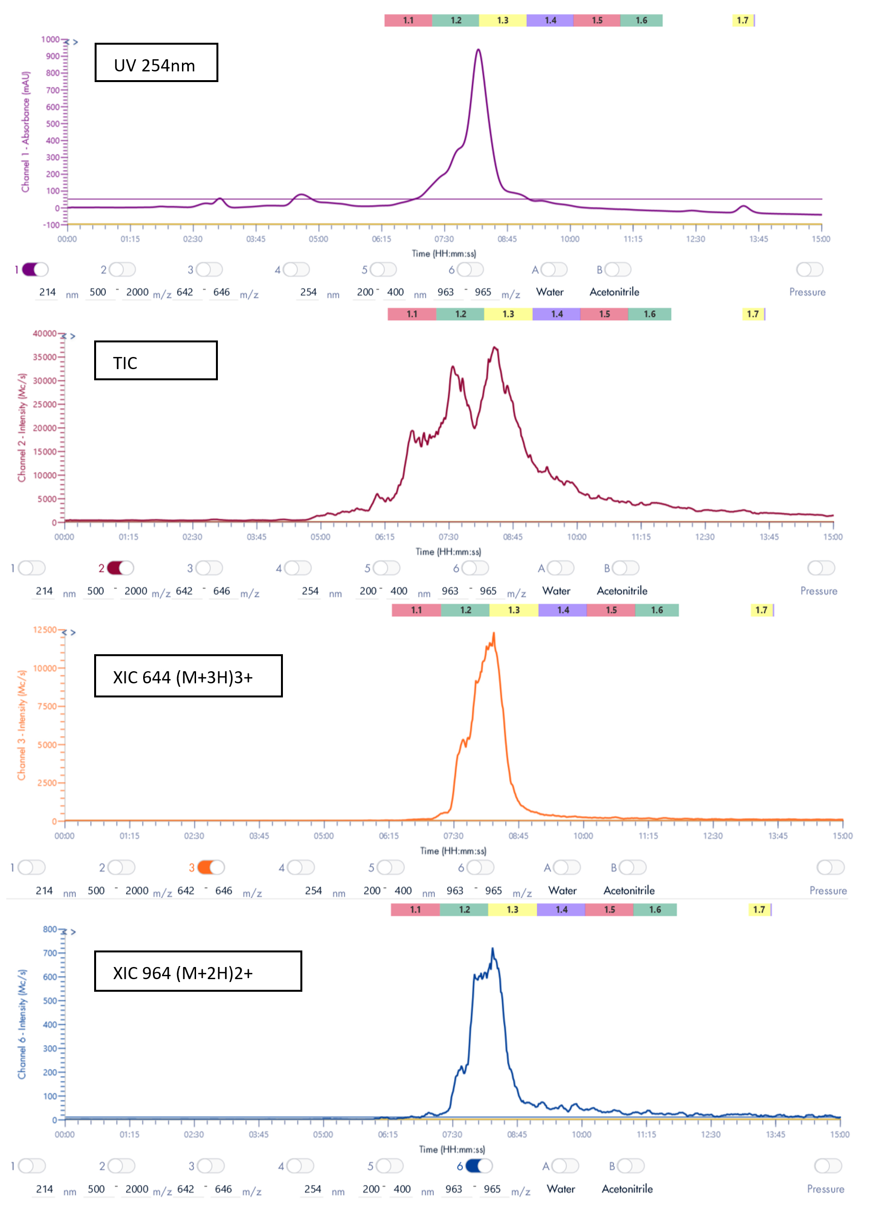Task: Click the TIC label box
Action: [155, 360]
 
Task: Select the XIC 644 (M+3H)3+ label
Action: [188, 676]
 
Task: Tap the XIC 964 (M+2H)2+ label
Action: [198, 971]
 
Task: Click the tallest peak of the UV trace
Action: [478, 51]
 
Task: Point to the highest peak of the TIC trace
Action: [494, 348]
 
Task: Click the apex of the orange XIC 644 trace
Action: [494, 634]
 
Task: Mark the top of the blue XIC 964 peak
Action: [493, 950]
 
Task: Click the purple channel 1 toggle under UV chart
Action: [35, 270]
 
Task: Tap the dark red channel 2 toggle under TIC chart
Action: [120, 568]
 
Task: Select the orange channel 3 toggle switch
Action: [211, 867]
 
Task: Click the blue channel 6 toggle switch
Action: [478, 1166]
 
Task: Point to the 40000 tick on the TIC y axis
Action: [45, 334]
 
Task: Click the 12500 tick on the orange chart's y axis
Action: [45, 629]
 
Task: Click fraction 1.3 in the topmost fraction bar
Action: [503, 20]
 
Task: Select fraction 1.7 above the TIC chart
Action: [753, 314]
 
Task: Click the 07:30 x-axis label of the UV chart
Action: [444, 239]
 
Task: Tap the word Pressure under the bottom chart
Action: [825, 1189]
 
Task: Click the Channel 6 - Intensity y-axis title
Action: [22, 1024]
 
